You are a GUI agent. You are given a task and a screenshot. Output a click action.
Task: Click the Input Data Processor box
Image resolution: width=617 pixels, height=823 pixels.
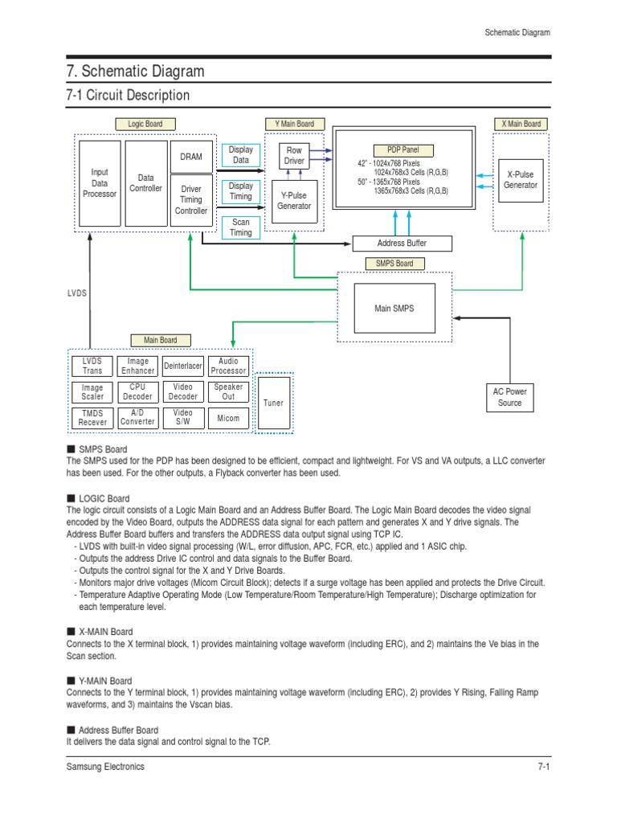100,183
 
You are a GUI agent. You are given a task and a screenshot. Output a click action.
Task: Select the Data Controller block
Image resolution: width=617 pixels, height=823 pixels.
146,183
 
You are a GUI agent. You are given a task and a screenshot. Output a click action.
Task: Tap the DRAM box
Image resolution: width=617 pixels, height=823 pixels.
191,157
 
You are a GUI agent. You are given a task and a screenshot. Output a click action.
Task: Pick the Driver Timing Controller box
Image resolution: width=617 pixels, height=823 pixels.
191,200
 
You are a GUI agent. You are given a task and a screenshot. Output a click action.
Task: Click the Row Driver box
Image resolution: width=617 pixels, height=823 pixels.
294,156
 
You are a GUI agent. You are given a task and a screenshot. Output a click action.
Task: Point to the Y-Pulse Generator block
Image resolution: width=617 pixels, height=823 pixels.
294,200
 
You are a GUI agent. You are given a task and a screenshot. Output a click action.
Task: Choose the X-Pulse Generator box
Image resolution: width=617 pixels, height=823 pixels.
520,179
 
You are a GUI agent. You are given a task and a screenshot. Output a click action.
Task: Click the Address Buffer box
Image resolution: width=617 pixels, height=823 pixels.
402,244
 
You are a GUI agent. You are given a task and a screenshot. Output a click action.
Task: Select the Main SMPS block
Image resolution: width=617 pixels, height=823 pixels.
394,308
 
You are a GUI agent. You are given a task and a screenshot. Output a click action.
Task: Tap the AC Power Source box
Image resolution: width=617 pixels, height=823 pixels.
510,397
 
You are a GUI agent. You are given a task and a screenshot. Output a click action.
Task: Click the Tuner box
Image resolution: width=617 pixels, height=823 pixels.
273,403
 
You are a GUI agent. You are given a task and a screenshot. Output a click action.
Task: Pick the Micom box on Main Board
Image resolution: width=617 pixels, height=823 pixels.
228,419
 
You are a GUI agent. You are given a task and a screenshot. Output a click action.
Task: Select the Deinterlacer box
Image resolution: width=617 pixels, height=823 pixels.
183,366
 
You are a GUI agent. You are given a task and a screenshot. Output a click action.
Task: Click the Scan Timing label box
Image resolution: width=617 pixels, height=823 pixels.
241,227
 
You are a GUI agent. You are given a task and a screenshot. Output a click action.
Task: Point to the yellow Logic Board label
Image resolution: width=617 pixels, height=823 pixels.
145,124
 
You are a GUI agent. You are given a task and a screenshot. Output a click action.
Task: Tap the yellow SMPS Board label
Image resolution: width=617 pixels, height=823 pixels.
394,264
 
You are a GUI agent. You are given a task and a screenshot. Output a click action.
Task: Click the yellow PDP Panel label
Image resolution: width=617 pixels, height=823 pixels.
403,150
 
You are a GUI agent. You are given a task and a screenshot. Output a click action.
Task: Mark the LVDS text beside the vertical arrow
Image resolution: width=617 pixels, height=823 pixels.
77,294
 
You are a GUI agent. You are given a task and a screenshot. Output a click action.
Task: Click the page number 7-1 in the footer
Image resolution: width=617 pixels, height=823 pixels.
543,767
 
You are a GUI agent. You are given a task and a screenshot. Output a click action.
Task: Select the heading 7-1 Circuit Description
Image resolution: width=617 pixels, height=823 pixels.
128,96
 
